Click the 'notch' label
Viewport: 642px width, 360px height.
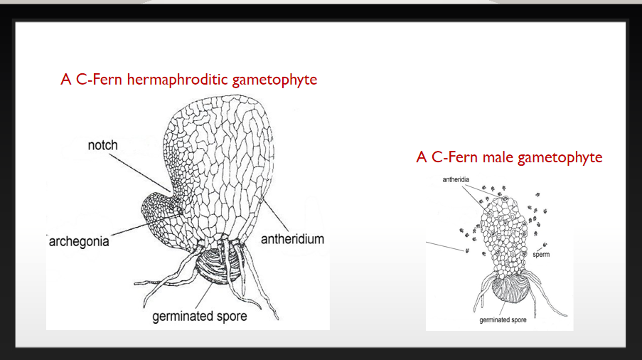pos(102,146)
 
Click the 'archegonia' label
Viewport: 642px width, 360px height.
pos(79,242)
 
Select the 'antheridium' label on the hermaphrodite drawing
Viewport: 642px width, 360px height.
pos(292,239)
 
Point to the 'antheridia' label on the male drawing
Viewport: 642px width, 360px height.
pos(456,180)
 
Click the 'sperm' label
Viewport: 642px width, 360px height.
pos(541,254)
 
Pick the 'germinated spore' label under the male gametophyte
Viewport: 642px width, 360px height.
pos(503,320)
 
